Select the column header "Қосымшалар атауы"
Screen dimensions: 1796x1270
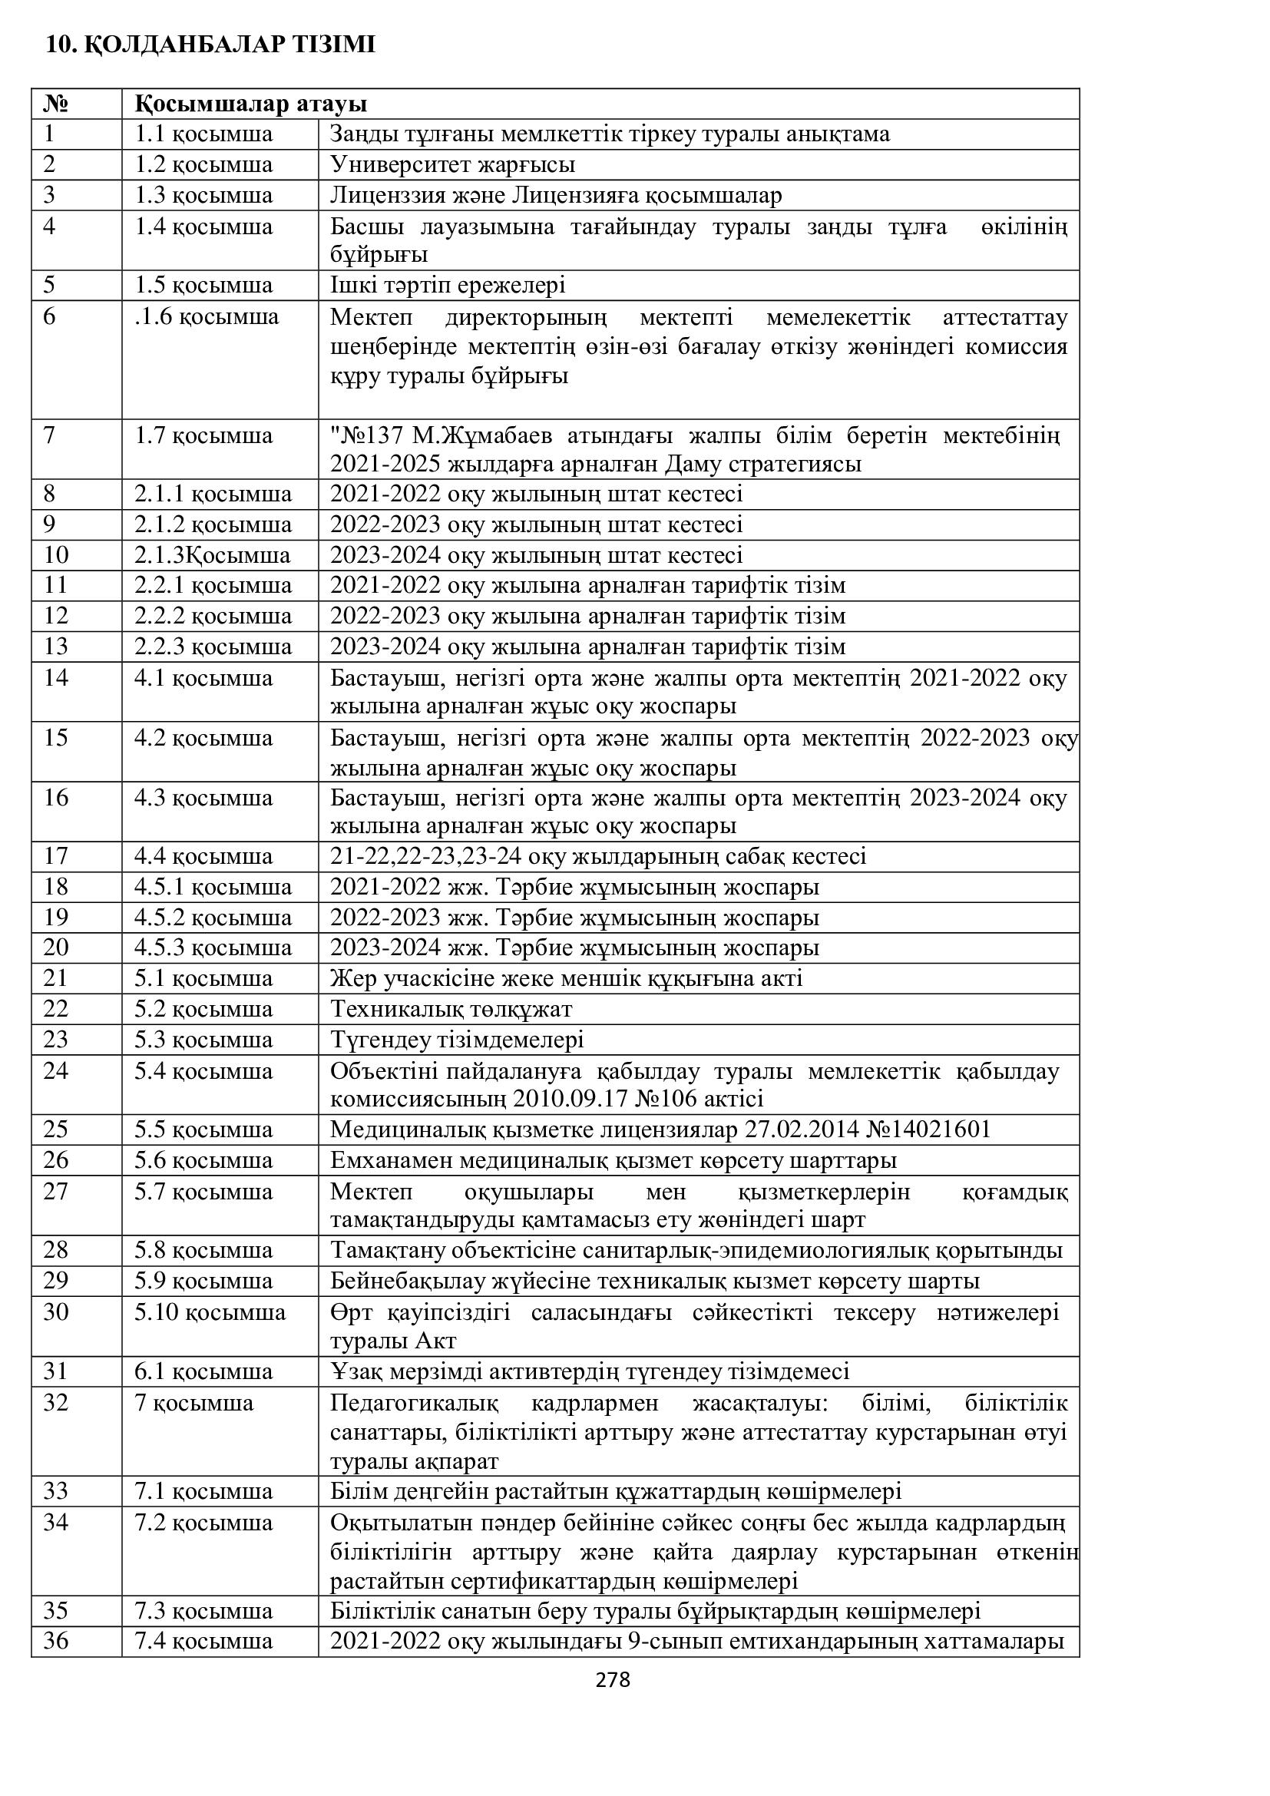250,104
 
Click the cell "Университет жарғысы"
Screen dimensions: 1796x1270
452,165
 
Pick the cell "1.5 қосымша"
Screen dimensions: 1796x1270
203,286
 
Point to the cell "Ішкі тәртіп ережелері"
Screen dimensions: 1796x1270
448,286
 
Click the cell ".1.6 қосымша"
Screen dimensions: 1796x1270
207,317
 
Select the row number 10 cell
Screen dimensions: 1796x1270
56,555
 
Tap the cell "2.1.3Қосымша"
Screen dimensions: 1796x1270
212,555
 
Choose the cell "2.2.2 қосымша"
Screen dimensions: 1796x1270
213,617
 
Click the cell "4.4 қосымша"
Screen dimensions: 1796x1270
203,857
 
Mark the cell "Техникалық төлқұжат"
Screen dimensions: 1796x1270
451,1009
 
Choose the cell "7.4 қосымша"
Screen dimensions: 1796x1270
203,1641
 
